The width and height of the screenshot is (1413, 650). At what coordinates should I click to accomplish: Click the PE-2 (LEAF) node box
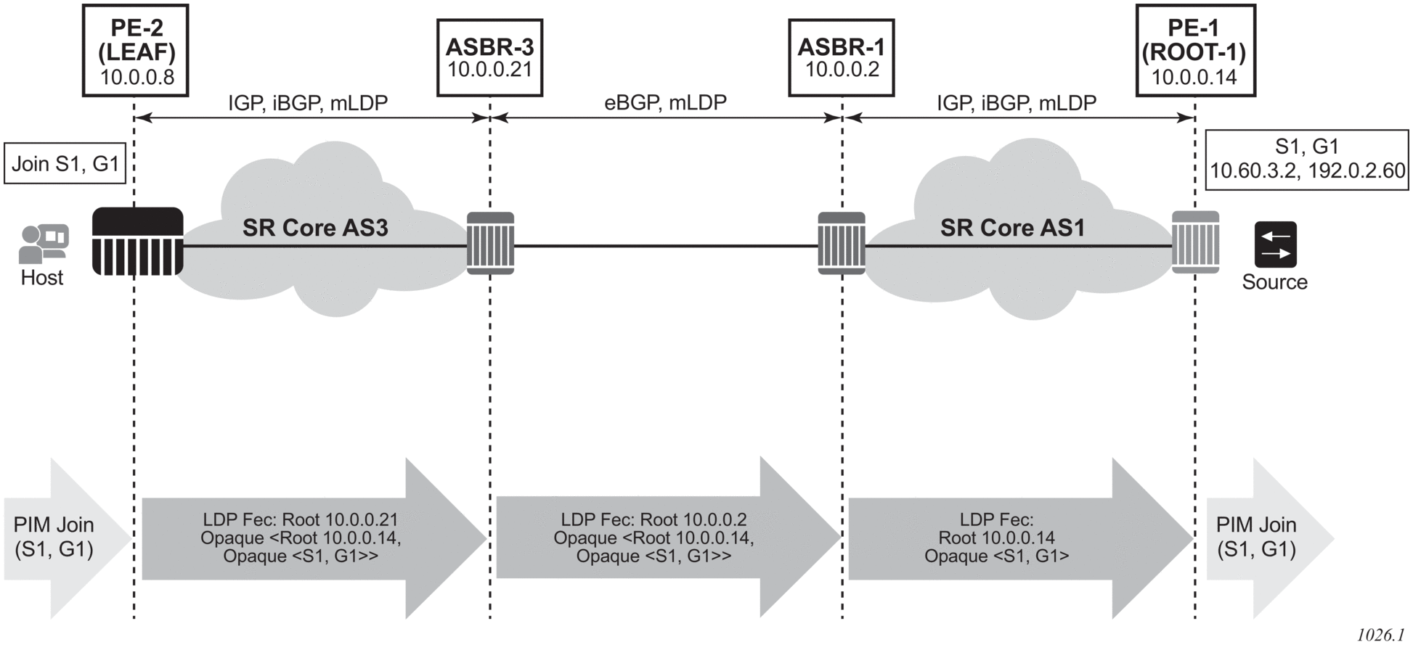point(136,51)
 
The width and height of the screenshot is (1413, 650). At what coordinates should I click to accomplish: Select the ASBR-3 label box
point(489,58)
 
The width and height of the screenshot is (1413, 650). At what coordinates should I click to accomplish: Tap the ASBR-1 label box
point(841,58)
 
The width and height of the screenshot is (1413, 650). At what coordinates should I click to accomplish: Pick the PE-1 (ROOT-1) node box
point(1194,51)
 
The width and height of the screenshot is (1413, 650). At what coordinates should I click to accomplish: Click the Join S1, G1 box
point(65,164)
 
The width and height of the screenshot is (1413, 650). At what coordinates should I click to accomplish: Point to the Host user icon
point(43,244)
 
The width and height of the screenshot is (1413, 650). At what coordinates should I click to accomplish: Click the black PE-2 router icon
point(138,242)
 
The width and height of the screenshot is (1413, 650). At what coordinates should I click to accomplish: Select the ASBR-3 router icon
point(490,243)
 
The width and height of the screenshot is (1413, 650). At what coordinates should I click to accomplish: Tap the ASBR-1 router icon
point(842,243)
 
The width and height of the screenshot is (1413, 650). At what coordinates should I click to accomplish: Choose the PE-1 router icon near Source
point(1195,242)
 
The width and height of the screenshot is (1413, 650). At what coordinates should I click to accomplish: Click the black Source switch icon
point(1275,245)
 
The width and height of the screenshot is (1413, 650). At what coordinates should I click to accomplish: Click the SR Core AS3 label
point(315,228)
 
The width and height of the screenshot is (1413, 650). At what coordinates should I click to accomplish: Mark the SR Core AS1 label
point(1012,228)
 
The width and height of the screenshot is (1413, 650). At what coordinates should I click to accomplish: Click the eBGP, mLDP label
point(665,103)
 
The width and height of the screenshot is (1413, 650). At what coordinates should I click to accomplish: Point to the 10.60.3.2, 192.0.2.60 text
point(1307,171)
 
